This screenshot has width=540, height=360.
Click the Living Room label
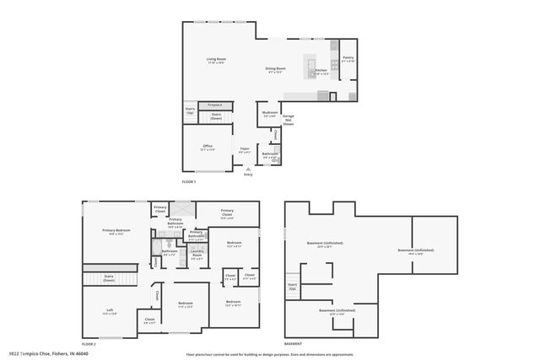pyautogui.click(x=216, y=60)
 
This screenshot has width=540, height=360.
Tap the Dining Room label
pyautogui.click(x=276, y=69)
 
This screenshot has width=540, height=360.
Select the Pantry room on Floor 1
pyautogui.click(x=348, y=60)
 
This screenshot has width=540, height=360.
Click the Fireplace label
pyautogui.click(x=215, y=105)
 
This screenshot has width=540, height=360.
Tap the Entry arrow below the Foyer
pyautogui.click(x=247, y=169)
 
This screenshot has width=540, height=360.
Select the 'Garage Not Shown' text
pyautogui.click(x=288, y=120)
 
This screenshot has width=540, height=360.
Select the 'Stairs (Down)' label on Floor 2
pyautogui.click(x=109, y=278)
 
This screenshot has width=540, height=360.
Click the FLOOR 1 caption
pyautogui.click(x=189, y=182)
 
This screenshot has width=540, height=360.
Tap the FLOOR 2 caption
pyautogui.click(x=89, y=345)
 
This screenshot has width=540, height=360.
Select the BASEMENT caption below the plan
pyautogui.click(x=293, y=345)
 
